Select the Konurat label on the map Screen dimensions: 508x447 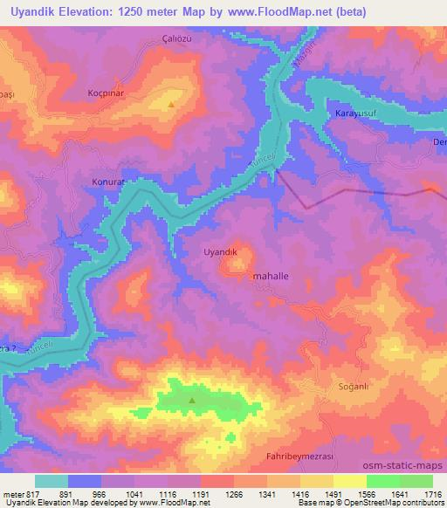click(x=110, y=182)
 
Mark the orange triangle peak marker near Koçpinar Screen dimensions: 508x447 click(x=171, y=105)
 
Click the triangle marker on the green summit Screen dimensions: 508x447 click(x=192, y=401)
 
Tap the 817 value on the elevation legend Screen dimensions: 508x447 click(x=35, y=493)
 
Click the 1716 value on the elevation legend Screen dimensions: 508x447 click(x=433, y=493)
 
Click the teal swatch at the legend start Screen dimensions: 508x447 click(x=52, y=480)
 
